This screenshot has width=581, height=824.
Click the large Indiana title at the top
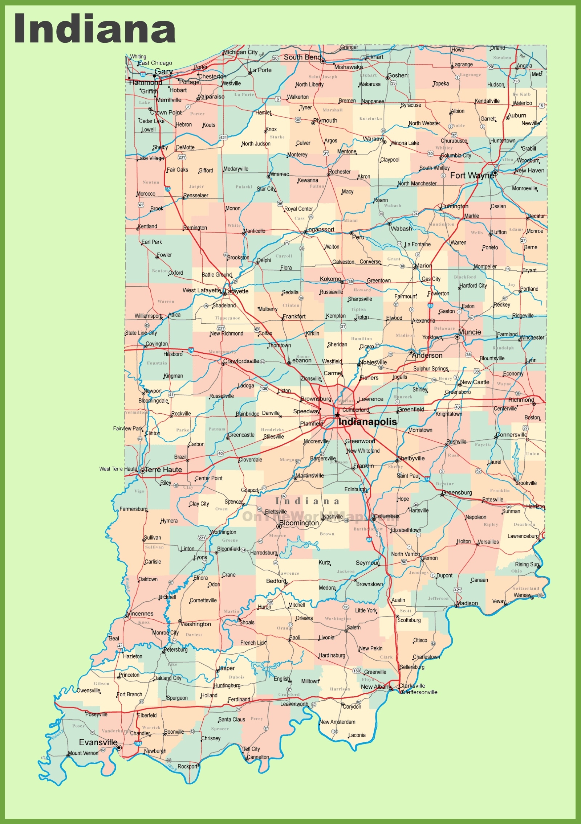[x=95, y=29]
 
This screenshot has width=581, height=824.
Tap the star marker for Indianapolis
[x=337, y=415]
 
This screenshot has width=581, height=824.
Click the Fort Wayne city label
[x=472, y=176]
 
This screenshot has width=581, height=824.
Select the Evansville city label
[x=98, y=742]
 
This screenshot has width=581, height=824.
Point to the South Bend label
[x=302, y=57]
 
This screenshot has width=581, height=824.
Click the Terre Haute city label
[x=163, y=470]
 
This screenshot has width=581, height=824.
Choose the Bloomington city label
[x=299, y=523]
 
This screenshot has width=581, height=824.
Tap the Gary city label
[x=163, y=71]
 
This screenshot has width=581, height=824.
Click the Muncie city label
[x=470, y=332]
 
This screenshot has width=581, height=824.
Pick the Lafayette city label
[x=237, y=291]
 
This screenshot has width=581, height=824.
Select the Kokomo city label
[x=330, y=279]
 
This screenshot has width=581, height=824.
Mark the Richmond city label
[x=521, y=399]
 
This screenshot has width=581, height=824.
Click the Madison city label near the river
[x=467, y=603]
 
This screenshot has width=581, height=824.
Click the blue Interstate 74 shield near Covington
[x=191, y=350]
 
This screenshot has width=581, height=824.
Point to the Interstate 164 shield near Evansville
[x=138, y=743]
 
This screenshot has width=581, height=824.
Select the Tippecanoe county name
[x=227, y=318]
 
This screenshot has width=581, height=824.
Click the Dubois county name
[x=236, y=677]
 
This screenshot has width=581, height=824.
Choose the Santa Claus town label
[x=232, y=720]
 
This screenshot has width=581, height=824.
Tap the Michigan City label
[x=240, y=52]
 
